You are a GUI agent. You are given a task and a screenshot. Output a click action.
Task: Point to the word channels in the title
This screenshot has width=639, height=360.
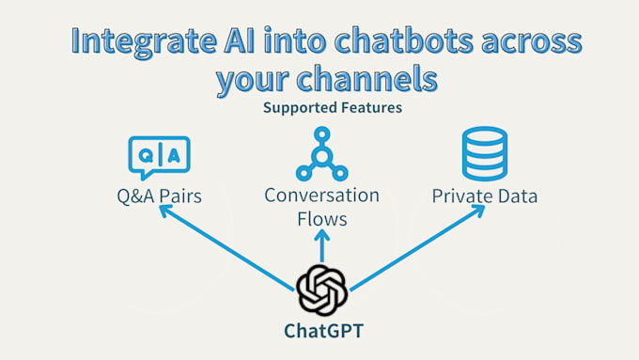tap(365, 81)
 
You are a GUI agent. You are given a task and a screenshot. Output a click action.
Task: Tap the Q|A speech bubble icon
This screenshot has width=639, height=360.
tap(159, 156)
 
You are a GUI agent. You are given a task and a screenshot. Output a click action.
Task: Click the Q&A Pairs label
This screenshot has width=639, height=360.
tap(159, 196)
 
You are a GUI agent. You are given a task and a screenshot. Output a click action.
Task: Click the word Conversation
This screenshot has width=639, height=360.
tap(321, 196)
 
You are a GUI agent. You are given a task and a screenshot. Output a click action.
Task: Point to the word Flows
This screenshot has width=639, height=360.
tap(321, 220)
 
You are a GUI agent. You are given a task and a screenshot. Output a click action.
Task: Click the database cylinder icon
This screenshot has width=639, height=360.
tap(484, 153)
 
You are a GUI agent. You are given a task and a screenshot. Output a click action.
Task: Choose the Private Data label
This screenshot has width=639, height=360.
tap(485, 196)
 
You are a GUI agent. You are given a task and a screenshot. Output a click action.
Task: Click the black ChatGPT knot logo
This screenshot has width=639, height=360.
tap(321, 289)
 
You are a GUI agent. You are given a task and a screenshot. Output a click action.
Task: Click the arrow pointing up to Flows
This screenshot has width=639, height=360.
tap(321, 248)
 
